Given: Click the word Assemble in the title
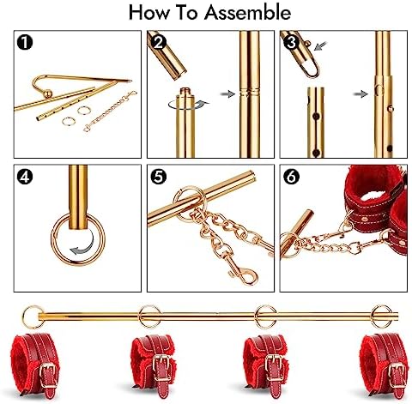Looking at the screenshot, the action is tap(247, 13).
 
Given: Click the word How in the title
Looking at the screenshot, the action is tap(148, 13).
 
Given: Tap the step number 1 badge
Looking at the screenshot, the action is tap(25, 42).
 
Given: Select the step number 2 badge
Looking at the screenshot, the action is tap(158, 42).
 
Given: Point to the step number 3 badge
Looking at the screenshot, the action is tap(291, 42).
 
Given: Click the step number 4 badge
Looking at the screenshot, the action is tap(25, 176).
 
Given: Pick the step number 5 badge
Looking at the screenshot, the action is tap(158, 176).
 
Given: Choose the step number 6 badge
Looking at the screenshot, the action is tap(291, 176).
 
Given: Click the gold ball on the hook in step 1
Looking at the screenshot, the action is tap(49, 93).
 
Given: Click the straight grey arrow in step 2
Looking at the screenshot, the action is tap(227, 93).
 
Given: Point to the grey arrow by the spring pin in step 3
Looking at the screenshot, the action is tap(320, 45).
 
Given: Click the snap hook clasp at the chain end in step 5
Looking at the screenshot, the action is tap(244, 274).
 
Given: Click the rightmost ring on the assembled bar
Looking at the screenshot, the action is tap(382, 317).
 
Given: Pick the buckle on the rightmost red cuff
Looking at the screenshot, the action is tap(397, 374).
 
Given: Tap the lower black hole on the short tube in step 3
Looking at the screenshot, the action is tap(316, 153).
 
